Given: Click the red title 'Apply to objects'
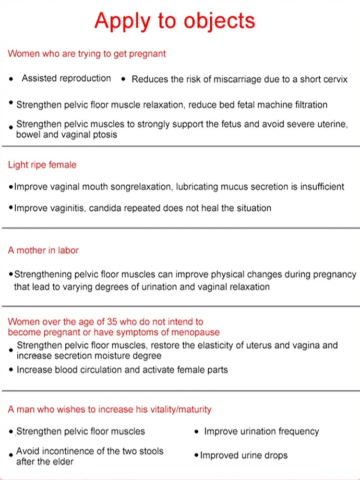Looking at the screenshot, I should [175, 21].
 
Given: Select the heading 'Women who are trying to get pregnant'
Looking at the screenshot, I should [87, 54].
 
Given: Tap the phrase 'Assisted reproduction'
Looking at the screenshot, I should [66, 78].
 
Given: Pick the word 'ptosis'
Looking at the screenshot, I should [104, 134].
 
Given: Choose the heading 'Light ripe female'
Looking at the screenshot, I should [42, 165].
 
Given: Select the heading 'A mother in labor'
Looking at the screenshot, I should [43, 250].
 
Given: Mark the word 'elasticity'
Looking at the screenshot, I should [228, 345].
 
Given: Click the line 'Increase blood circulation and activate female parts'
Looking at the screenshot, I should [122, 370].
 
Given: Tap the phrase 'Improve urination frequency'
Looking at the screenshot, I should [262, 432].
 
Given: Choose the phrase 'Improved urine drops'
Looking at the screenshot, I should [244, 455].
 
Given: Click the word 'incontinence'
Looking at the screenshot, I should [68, 451].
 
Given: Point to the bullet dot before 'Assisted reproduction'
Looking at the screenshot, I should [11, 79].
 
